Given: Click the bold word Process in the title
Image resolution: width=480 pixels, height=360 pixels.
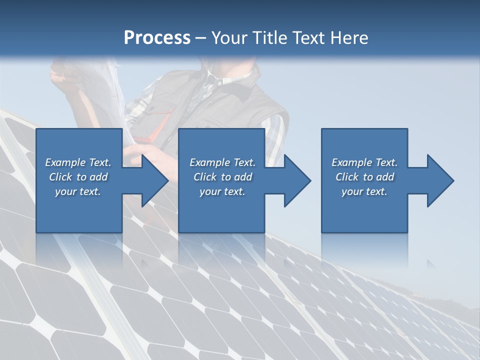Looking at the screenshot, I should coord(157,38).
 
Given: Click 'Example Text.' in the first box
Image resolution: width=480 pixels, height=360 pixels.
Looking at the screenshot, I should coord(78,162).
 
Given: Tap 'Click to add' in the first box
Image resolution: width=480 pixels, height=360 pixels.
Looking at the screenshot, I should coord(78,177).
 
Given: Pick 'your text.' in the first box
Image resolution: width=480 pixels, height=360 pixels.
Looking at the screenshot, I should coord(78,191).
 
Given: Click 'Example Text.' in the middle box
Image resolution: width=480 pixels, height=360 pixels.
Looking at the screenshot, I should coord(222,162).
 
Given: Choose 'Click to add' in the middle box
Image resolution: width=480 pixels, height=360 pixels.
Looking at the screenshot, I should coord(222,177).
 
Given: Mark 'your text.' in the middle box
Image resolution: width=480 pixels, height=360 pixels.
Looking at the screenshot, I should coord(222,191).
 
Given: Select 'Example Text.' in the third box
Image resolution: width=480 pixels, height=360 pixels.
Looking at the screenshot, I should coord(364,162).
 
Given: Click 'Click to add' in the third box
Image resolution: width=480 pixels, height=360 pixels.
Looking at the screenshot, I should coord(364,177).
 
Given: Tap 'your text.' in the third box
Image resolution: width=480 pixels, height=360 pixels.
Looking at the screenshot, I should coord(364,191).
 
